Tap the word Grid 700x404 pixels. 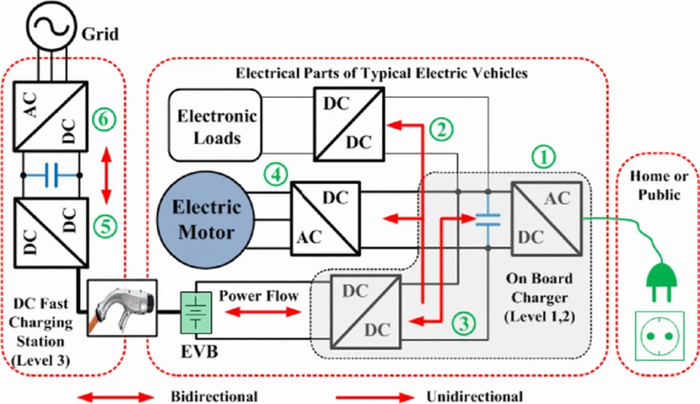point(101,34)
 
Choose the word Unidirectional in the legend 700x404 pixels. point(473,396)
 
